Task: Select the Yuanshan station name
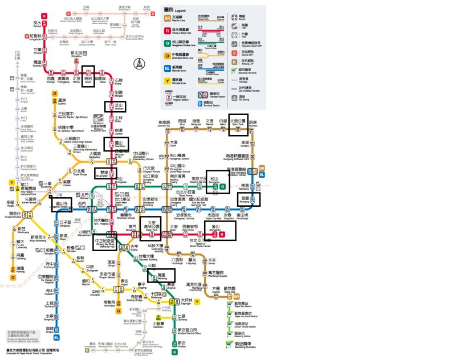click(120, 145)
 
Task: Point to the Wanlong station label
click(161, 276)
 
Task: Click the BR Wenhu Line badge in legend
click(167, 18)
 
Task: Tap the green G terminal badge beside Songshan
click(223, 186)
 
